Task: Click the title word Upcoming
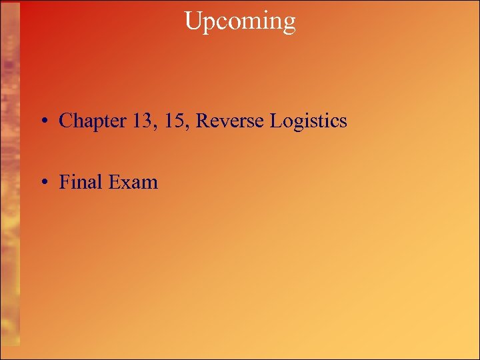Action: [239, 21]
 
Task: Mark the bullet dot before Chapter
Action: [42, 122]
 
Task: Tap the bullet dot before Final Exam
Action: [42, 183]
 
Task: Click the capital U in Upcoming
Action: [192, 21]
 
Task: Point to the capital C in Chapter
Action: [65, 121]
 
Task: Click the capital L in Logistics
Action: [275, 121]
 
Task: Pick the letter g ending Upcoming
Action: [289, 24]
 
